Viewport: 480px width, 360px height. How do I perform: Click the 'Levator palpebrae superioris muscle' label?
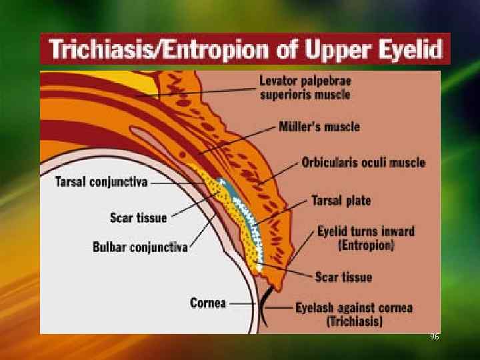(305, 87)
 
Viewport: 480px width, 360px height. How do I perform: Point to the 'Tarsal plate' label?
(341, 200)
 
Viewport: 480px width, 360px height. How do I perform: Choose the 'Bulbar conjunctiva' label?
(140, 247)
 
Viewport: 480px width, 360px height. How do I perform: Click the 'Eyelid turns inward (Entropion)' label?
(365, 239)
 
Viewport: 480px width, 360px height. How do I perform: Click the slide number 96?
(435, 337)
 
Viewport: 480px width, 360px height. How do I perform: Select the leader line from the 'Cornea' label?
(241, 303)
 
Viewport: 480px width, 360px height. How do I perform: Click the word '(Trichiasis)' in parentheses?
(354, 321)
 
